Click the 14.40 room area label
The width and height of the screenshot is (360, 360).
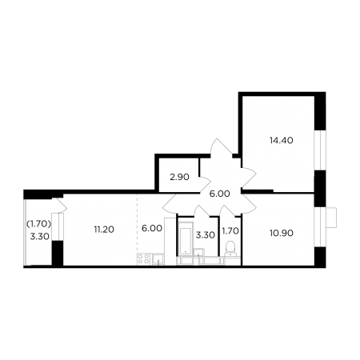pyautogui.click(x=281, y=140)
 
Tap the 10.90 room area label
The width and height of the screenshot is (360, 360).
pyautogui.click(x=282, y=233)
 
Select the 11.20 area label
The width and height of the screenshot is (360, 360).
pyautogui.click(x=104, y=229)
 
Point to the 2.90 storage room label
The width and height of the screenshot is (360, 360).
pyautogui.click(x=179, y=177)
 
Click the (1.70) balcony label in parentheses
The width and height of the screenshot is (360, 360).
pyautogui.click(x=38, y=224)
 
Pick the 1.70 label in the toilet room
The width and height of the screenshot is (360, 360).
pyautogui.click(x=230, y=231)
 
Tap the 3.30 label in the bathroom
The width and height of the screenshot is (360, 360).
pyautogui.click(x=206, y=235)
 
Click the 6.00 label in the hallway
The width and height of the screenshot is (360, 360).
pyautogui.click(x=219, y=194)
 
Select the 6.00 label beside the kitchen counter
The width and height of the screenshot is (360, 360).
pyautogui.click(x=152, y=228)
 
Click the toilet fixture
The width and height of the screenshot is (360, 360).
pyautogui.click(x=230, y=249)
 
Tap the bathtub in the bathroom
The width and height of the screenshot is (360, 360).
pyautogui.click(x=186, y=238)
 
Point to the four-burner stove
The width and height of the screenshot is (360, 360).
pyautogui.click(x=144, y=259)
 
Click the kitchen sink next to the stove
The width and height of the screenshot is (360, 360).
pyautogui.click(x=158, y=259)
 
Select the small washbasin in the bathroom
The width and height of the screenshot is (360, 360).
pyautogui.click(x=199, y=253)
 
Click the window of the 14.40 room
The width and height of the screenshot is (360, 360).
pyautogui.click(x=320, y=150)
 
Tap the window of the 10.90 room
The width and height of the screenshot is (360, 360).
pyautogui.click(x=320, y=226)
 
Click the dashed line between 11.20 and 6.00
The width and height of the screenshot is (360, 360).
pyautogui.click(x=138, y=224)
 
